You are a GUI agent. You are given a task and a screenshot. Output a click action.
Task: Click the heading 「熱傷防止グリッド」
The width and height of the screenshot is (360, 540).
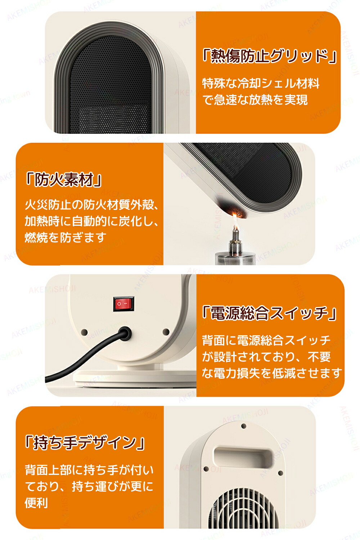(269, 56)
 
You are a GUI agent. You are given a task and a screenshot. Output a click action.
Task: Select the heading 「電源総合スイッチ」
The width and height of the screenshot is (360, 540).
(269, 313)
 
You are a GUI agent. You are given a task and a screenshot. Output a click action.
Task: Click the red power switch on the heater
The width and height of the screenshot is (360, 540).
(123, 304)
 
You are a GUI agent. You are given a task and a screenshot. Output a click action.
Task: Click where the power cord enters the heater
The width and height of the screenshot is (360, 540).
(125, 334)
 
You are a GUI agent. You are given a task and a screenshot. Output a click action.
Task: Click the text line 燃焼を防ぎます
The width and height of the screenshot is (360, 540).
(65, 238)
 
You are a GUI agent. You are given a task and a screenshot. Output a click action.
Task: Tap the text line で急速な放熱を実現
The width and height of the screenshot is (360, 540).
(255, 100)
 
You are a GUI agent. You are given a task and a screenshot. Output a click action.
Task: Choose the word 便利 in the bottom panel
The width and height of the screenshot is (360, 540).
(36, 503)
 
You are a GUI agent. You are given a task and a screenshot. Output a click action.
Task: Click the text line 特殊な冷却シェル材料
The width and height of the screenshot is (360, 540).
(261, 84)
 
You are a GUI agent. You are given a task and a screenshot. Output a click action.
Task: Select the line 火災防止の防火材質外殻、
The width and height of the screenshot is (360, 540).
(91, 205)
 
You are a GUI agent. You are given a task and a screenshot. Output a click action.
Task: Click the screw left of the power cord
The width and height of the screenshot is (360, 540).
(84, 332)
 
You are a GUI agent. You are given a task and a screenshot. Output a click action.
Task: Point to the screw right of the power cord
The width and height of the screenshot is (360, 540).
(166, 332)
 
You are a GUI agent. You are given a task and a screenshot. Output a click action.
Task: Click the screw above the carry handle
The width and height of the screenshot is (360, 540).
(244, 426)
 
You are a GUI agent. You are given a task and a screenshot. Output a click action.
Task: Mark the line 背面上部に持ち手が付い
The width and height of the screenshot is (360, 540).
(89, 470)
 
